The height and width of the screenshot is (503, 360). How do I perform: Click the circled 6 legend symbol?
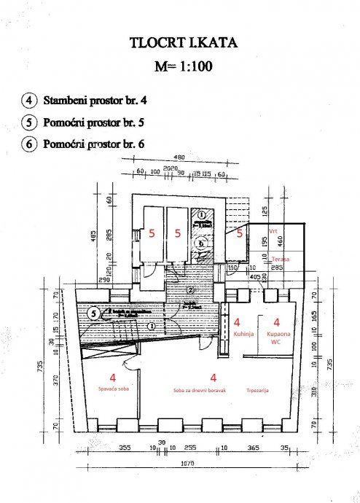29,144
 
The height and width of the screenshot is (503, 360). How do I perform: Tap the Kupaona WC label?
276,336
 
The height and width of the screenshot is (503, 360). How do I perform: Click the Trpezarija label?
258,390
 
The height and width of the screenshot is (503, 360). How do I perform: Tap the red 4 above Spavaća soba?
112,378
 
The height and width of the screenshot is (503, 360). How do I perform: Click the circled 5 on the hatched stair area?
93,313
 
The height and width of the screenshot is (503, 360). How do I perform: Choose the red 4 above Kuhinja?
238,321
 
